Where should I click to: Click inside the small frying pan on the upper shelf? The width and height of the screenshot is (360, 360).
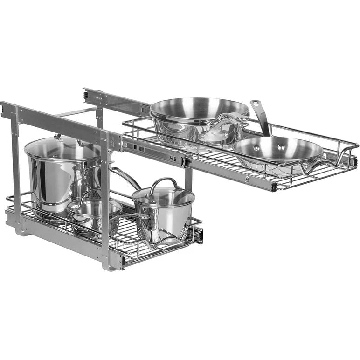pos(277,152)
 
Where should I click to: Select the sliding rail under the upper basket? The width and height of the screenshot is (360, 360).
pos(154,152)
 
